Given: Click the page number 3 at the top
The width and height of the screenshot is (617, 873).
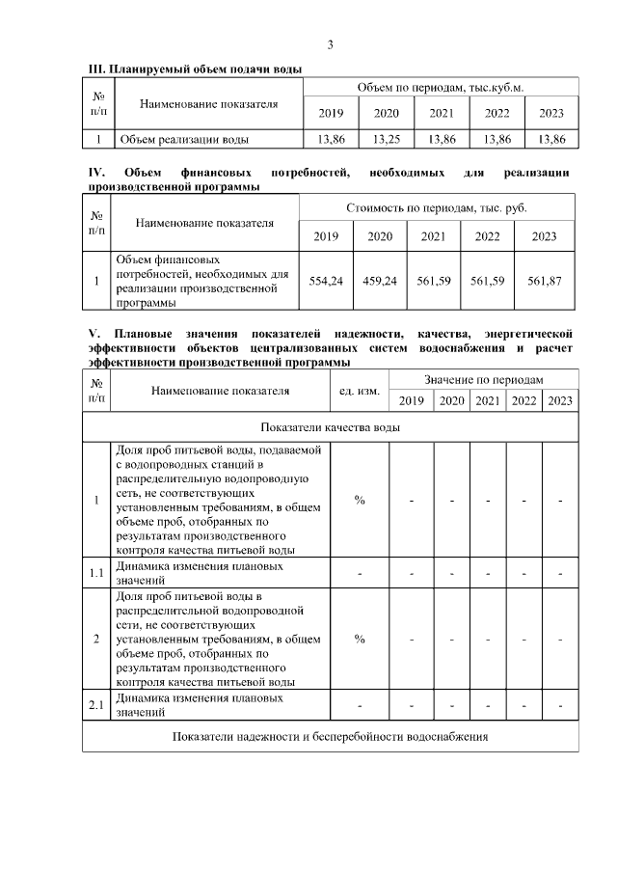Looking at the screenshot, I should (330, 44).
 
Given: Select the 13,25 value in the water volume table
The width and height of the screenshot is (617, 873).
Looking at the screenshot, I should (386, 139).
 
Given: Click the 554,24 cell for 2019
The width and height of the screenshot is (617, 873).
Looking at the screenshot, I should (326, 281).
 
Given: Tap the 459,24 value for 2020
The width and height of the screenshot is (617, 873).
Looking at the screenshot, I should (380, 281).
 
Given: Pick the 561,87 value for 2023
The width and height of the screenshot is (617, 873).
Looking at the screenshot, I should (545, 281).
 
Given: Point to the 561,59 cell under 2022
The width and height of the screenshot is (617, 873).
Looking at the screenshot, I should (488, 281).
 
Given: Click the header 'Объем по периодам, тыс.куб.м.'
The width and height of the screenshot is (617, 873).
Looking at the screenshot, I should (441, 87).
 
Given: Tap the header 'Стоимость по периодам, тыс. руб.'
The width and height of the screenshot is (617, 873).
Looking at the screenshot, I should (437, 208).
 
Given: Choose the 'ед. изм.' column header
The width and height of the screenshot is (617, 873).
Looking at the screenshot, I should (360, 391).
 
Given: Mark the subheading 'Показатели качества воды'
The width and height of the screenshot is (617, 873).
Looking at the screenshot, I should (331, 425).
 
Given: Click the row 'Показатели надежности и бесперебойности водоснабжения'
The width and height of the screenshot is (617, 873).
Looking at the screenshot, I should (331, 737).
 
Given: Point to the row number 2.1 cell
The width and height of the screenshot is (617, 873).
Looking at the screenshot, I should (96, 705).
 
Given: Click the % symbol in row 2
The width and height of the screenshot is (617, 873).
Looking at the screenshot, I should (360, 639).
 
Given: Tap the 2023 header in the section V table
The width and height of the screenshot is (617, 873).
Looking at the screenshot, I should (560, 401).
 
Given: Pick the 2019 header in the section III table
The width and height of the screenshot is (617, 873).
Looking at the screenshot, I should (331, 113).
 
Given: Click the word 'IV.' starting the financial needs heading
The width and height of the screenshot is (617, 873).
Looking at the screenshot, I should (96, 173).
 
